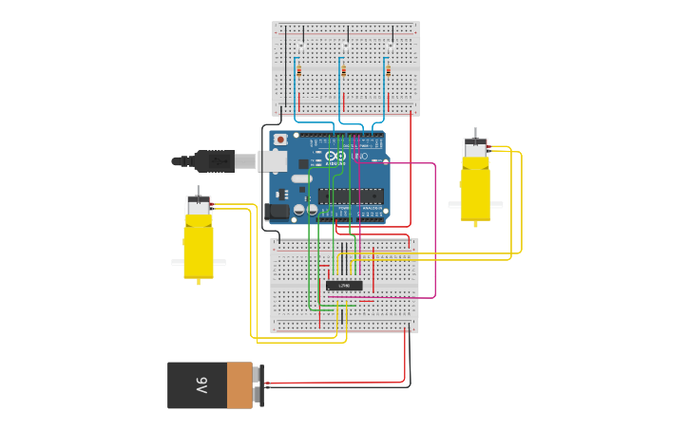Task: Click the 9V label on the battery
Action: coord(201,385)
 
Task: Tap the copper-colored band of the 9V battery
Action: coord(239,385)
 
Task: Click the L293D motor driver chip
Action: coord(344,285)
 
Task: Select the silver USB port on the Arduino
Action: coord(274,161)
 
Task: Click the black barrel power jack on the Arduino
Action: coord(277,213)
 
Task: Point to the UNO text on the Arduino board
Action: coord(359,156)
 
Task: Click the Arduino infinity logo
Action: coord(335,156)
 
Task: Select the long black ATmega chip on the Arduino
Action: coord(351,196)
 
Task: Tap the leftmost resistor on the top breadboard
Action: coord(299,69)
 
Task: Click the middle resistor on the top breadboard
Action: coord(343,69)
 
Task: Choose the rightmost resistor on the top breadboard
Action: coord(388,69)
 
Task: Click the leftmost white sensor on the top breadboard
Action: coord(299,47)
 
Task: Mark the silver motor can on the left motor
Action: coord(199,206)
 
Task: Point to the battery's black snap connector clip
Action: coord(258,385)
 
